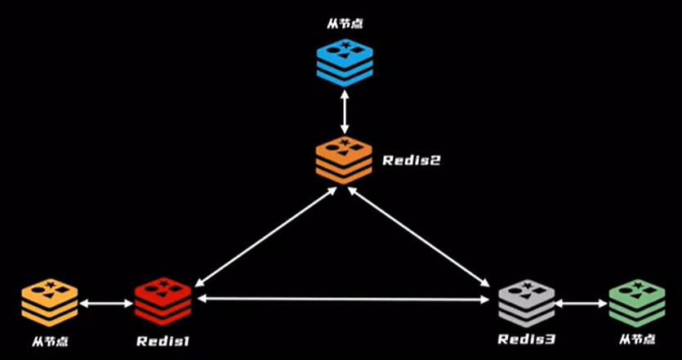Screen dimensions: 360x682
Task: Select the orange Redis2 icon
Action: (x=344, y=161)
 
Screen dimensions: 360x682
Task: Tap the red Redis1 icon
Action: (x=163, y=300)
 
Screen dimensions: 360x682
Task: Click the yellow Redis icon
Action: (x=50, y=301)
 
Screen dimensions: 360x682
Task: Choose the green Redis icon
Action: (x=637, y=302)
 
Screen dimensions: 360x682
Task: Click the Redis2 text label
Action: (x=411, y=161)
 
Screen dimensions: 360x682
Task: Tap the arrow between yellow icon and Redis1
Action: (x=106, y=304)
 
